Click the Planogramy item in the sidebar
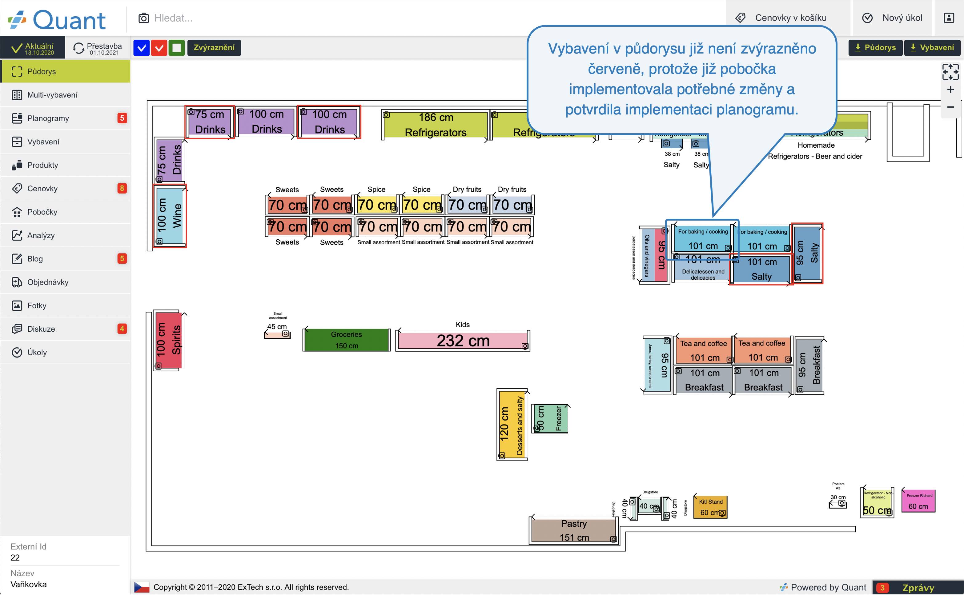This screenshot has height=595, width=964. coord(48,118)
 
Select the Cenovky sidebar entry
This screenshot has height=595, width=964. coord(42,189)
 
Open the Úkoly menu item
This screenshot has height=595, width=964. coord(37,352)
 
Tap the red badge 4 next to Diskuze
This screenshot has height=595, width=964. coord(122,329)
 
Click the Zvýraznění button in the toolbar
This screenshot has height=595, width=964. coord(214,48)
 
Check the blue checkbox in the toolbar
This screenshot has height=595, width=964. coord(141,48)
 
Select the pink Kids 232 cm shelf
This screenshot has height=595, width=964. coord(463,340)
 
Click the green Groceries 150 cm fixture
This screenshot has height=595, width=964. coord(346,340)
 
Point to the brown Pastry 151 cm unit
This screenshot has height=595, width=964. coord(573,530)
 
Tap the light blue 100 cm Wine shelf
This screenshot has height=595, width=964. coord(170,216)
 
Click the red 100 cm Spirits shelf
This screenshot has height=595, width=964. coord(168,340)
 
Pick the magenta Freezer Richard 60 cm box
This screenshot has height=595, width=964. coord(918,501)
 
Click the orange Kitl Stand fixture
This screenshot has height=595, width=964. coord(710,507)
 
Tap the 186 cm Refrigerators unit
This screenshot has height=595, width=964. coord(435,125)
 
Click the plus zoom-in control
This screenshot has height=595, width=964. coord(950,90)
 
